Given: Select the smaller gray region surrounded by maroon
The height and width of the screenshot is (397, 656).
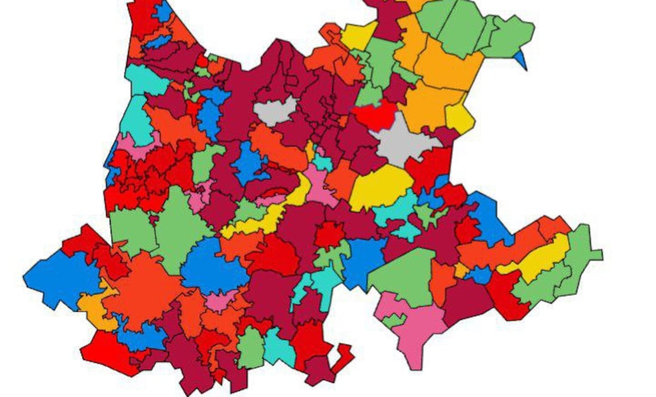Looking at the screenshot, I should point(275,110).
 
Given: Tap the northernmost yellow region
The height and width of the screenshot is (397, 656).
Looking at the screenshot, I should point(358,36).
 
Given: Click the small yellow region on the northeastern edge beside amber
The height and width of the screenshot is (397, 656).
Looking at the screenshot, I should point(460,119).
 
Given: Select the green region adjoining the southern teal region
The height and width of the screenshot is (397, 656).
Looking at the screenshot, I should point(251,348).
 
